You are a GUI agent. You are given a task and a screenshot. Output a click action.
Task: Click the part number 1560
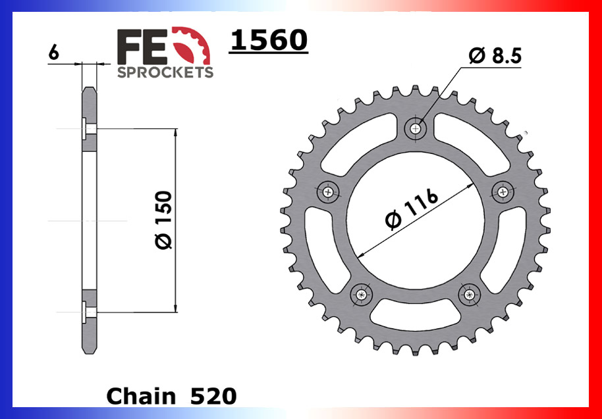[268, 41]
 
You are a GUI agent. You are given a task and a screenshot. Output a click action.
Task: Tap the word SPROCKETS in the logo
[165, 72]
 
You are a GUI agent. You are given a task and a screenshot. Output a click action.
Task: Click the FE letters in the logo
[144, 47]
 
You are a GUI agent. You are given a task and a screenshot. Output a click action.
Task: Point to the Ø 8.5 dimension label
[495, 57]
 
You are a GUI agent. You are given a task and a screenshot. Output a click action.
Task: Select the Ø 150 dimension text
[163, 220]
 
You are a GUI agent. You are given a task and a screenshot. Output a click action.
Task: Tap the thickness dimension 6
[53, 53]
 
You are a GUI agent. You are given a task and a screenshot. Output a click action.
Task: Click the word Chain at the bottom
[140, 396]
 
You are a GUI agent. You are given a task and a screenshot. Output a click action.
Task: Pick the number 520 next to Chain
[213, 396]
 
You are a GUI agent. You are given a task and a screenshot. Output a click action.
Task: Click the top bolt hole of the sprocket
[416, 128]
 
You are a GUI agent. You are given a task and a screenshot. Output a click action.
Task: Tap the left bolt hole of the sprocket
[328, 191]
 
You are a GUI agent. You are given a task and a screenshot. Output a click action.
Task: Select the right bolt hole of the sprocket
[503, 191]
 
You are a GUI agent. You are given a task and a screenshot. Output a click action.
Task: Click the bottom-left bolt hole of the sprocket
[361, 295]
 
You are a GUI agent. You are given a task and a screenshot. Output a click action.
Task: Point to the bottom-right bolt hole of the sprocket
[470, 295]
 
